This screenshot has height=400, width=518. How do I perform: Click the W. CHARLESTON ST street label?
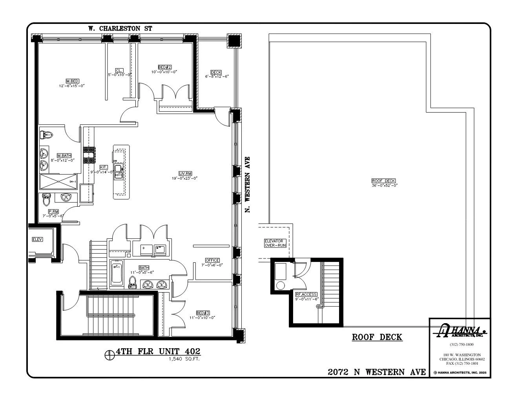120,29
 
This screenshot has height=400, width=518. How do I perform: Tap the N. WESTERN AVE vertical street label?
247,184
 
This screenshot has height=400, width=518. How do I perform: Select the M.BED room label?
72,81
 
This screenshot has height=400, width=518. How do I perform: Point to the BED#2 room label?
164,67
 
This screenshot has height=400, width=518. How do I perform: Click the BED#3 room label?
202,313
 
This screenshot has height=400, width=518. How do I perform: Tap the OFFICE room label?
212,260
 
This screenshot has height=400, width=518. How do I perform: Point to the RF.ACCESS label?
306,294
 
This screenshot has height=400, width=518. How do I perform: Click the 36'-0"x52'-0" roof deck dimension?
384,185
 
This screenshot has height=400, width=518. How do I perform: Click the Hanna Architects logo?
459,331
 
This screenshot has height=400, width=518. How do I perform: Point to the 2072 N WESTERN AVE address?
377,372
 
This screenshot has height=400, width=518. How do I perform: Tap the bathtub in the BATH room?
116,272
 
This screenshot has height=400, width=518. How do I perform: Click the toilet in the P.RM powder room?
46,200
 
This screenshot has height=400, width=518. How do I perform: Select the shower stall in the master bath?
58,182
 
